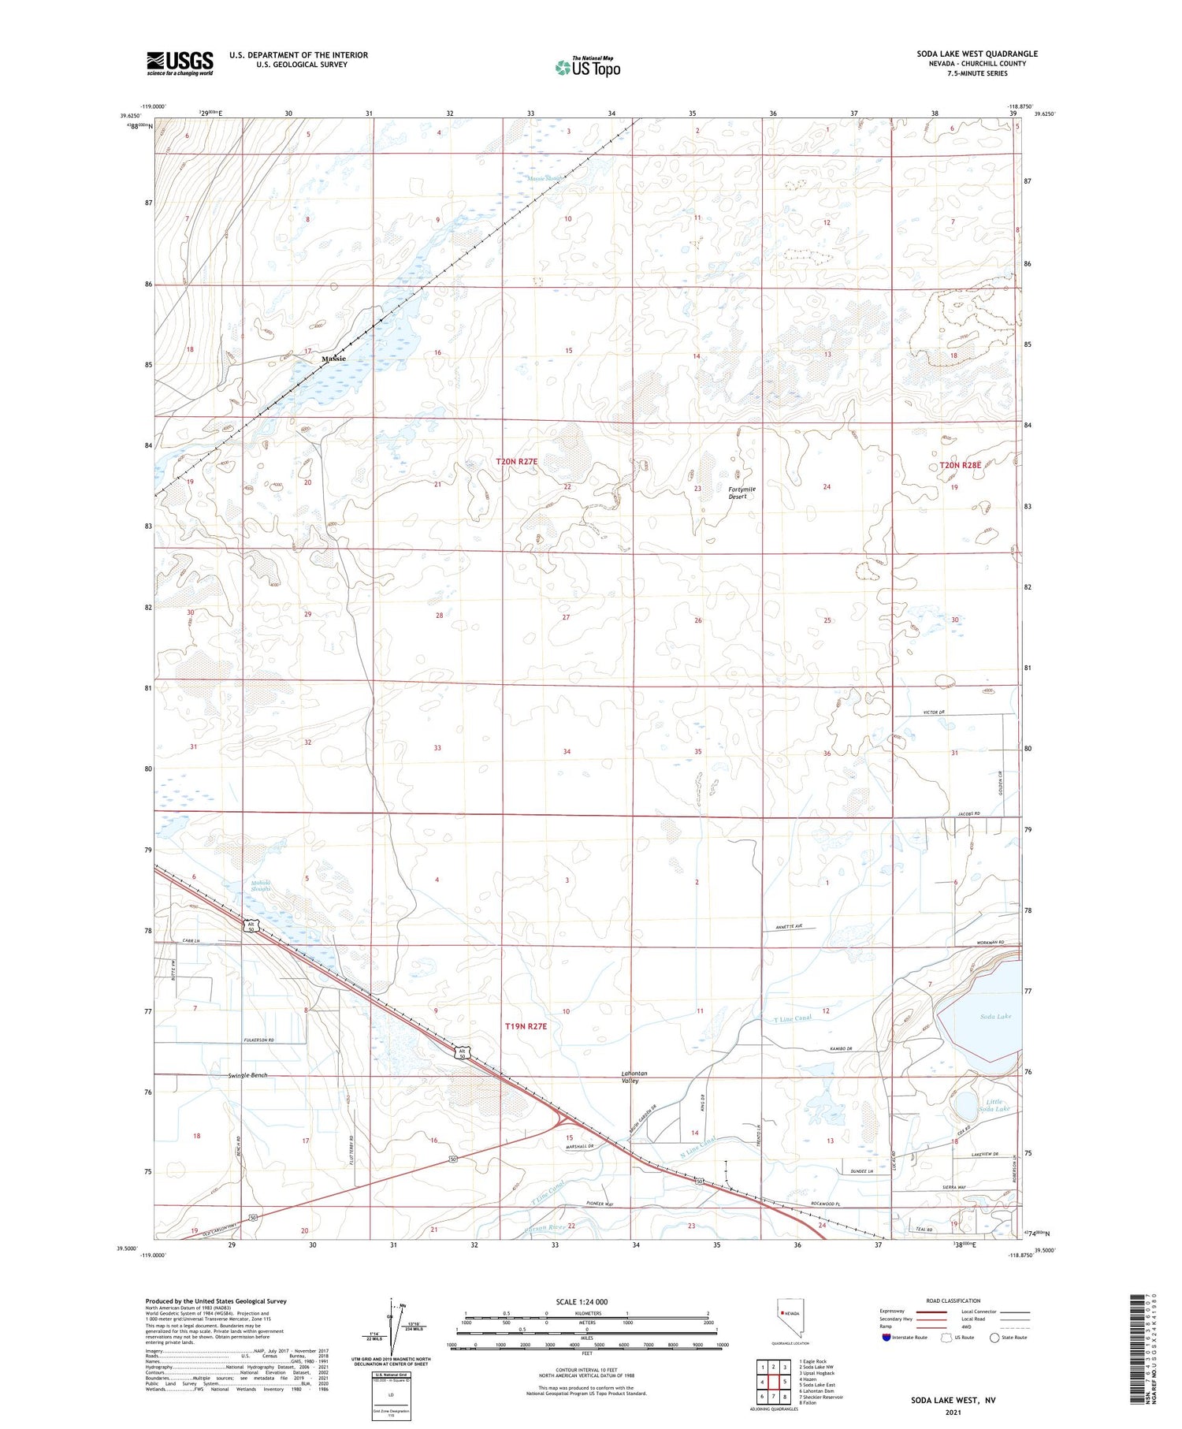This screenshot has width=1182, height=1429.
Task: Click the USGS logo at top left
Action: tap(180, 63)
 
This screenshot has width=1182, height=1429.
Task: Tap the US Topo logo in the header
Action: tap(587, 67)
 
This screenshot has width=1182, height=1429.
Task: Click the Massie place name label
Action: tap(333, 359)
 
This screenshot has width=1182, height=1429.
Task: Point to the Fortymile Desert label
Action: tap(741, 493)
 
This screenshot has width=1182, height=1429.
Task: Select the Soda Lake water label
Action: tap(995, 1016)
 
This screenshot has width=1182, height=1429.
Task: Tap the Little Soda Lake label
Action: tap(997, 1105)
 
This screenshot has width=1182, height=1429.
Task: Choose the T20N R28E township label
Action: tap(960, 465)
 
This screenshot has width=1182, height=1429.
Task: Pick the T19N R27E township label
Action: tap(526, 1026)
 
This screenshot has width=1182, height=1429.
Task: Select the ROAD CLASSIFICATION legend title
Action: tap(953, 1301)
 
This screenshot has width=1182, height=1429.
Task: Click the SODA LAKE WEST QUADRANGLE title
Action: tap(976, 54)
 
